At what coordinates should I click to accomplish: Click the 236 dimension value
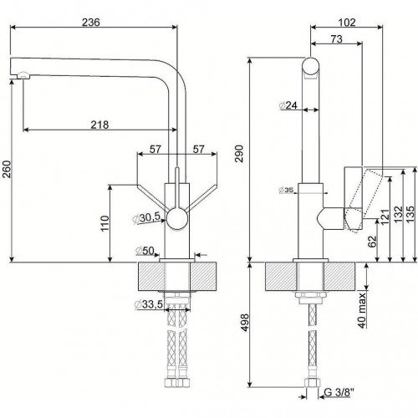91,22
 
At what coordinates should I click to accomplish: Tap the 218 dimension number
99,125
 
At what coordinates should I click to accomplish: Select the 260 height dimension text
7,169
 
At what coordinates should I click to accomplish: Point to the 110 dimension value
104,223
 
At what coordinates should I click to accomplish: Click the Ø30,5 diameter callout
147,217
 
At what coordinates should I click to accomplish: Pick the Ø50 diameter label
145,251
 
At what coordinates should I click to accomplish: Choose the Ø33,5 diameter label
149,304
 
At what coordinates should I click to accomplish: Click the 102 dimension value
347,23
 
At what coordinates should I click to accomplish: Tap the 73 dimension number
336,39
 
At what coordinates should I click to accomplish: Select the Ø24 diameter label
288,105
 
